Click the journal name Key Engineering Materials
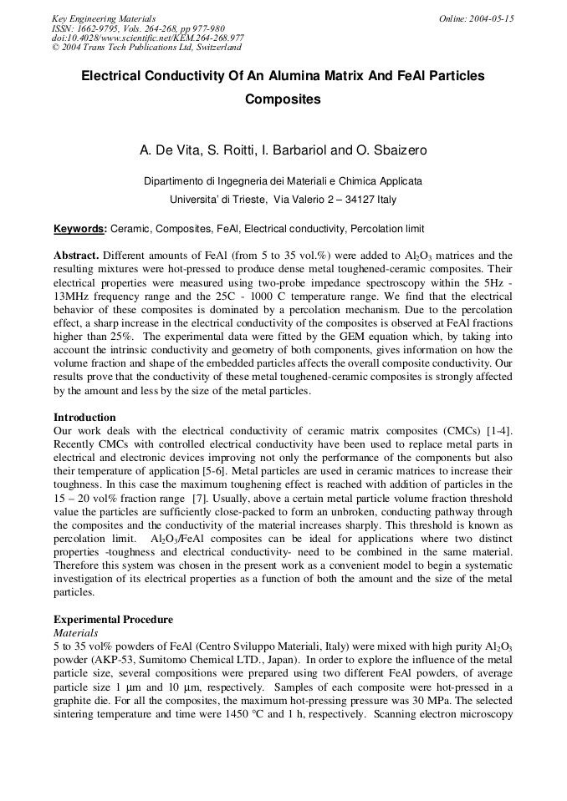tap(104, 18)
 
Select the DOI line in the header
tap(148, 38)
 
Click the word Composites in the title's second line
tap(283, 99)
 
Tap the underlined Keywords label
tap(79, 229)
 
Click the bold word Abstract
tap(77, 256)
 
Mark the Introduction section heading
tap(84, 418)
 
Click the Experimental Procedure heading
tap(113, 620)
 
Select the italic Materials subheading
tap(75, 633)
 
